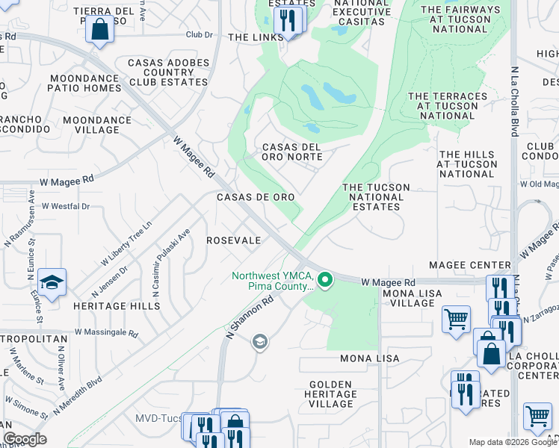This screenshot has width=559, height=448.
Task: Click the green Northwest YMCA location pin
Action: click(325, 281)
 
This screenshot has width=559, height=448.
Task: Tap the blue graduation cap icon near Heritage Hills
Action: click(52, 282)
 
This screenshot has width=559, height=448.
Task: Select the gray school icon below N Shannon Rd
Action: click(259, 342)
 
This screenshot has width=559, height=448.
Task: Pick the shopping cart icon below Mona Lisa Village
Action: click(456, 320)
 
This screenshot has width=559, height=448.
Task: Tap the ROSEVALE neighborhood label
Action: click(234, 240)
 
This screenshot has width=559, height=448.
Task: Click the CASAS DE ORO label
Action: click(255, 196)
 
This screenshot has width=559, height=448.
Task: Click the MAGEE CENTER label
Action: click(469, 265)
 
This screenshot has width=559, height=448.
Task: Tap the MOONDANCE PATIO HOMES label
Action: click(84, 82)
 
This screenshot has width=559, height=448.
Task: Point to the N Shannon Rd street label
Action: click(249, 317)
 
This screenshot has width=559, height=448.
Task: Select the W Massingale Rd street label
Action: click(106, 333)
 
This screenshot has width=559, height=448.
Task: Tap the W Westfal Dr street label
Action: click(66, 206)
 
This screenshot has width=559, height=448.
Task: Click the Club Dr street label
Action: click(200, 34)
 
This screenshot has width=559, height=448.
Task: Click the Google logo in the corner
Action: click(25, 439)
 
